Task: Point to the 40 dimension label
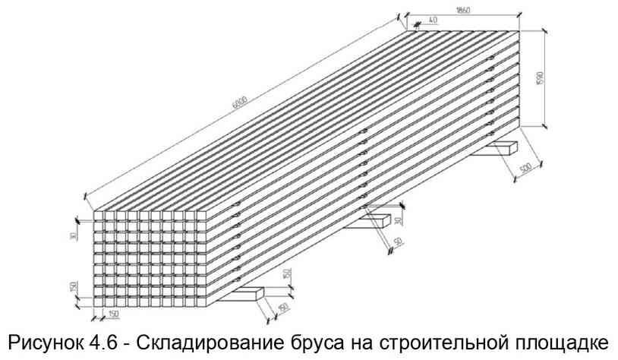pyautogui.click(x=433, y=21)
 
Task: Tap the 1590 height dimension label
pyautogui.click(x=561, y=79)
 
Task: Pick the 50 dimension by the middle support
pyautogui.click(x=398, y=242)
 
